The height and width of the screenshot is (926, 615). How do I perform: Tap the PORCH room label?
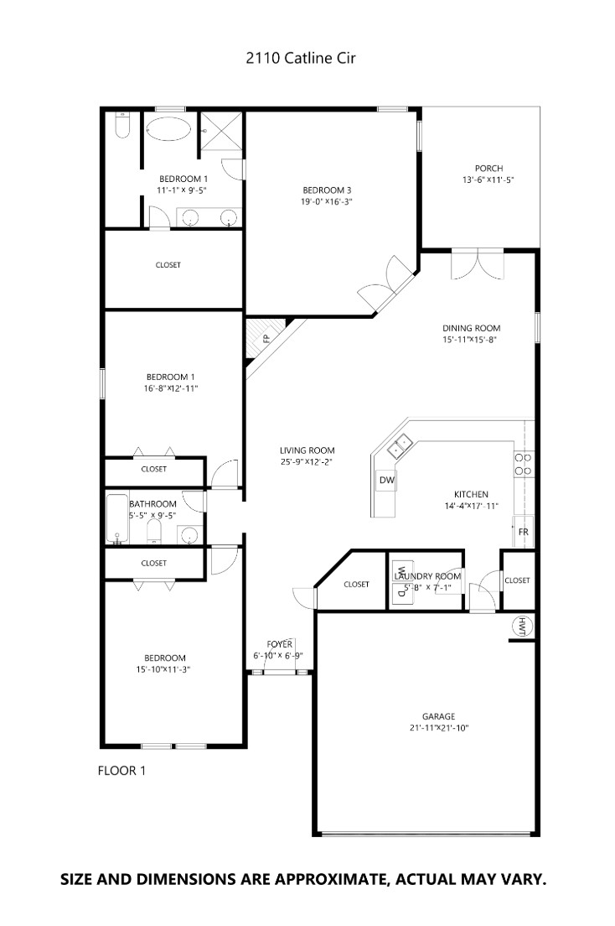pyautogui.click(x=488, y=169)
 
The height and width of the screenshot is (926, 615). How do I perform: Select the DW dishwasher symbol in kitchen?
pyautogui.click(x=386, y=480)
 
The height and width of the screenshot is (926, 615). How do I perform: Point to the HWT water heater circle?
pyautogui.click(x=522, y=626)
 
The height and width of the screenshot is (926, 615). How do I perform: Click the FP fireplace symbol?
pyautogui.click(x=265, y=339)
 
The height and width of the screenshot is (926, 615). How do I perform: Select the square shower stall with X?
pyautogui.click(x=221, y=132)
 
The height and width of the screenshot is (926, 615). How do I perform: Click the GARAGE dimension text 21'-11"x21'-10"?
pyautogui.click(x=438, y=728)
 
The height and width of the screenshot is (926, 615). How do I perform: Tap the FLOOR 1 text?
pyautogui.click(x=122, y=770)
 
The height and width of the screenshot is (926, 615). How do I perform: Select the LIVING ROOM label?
pyautogui.click(x=307, y=450)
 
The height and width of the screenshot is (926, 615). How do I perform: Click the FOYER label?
pyautogui.click(x=278, y=643)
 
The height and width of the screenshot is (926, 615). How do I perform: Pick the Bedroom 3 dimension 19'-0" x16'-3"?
pyautogui.click(x=327, y=201)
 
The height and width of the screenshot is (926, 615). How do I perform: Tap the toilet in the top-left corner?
pyautogui.click(x=121, y=127)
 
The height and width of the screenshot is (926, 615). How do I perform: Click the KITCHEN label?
pyautogui.click(x=471, y=495)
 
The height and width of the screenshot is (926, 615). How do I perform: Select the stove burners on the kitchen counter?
pyautogui.click(x=523, y=464)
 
